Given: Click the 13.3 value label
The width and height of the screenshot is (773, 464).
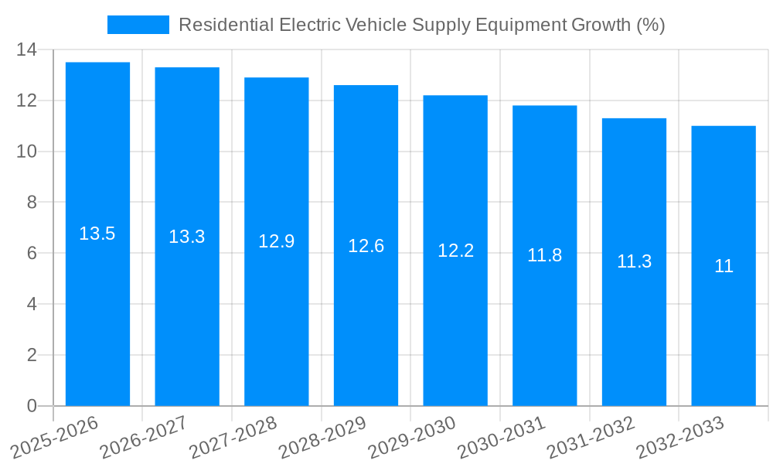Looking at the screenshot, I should (x=187, y=237).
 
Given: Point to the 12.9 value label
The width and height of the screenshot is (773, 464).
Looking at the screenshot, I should (x=276, y=241).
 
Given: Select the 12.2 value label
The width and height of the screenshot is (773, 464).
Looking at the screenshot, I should (x=455, y=251).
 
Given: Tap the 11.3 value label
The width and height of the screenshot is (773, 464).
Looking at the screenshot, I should (x=634, y=261).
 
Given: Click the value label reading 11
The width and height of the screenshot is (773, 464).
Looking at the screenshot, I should (x=724, y=266).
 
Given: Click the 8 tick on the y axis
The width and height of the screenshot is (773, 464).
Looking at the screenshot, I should (x=32, y=203).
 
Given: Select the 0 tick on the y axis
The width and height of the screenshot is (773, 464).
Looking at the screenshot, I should (x=32, y=406).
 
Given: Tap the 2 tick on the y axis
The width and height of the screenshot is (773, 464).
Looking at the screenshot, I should (x=32, y=355).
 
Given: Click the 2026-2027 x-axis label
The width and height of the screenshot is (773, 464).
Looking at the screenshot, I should (x=143, y=438).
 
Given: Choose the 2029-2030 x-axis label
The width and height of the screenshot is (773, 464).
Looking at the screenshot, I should (x=411, y=438).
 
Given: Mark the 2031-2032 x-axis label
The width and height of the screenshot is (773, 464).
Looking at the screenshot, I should (x=591, y=438).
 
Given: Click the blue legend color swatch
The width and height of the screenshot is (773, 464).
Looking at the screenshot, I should (x=138, y=25).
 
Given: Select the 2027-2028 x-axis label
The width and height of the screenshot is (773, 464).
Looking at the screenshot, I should (x=233, y=438).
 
